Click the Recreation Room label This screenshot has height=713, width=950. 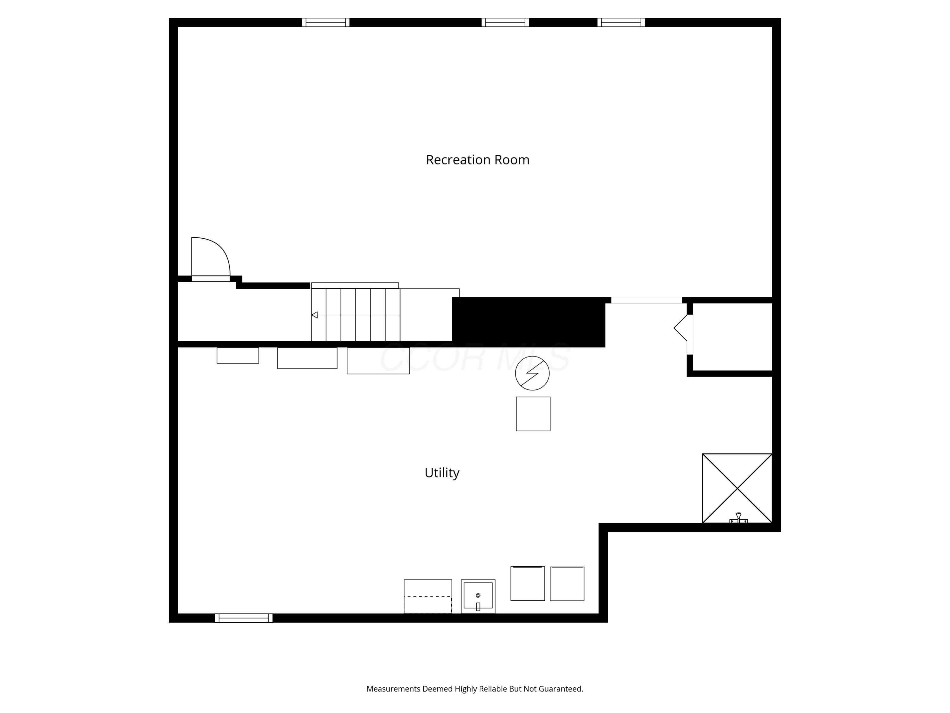click(477, 160)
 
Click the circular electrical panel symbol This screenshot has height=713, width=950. click(532, 373)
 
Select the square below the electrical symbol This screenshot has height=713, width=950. click(533, 414)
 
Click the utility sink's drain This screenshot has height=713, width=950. click(478, 595)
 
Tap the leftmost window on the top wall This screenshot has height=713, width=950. click(326, 22)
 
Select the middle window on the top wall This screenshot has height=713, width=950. click(505, 22)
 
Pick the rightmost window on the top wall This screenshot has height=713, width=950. click(621, 22)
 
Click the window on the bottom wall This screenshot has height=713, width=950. click(244, 618)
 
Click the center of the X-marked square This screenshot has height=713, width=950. click(737, 488)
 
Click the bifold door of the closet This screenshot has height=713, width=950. click(682, 328)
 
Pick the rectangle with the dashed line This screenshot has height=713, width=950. click(428, 596)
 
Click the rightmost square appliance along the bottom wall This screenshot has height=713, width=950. click(567, 584)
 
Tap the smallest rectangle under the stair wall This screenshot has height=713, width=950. click(237, 356)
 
